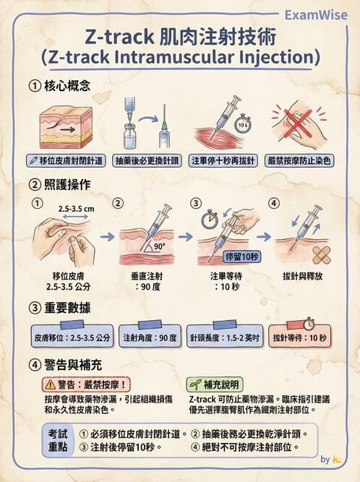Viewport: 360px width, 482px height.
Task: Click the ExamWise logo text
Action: click(315, 14)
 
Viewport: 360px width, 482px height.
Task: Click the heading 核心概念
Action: click(76, 87)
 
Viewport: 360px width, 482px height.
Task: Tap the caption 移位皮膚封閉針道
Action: click(66, 160)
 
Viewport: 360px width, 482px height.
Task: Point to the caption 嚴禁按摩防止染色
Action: click(300, 160)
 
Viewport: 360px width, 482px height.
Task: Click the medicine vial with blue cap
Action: click(130, 134)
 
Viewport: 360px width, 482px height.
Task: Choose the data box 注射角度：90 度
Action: click(149, 337)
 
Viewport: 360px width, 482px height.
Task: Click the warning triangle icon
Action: click(50, 386)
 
